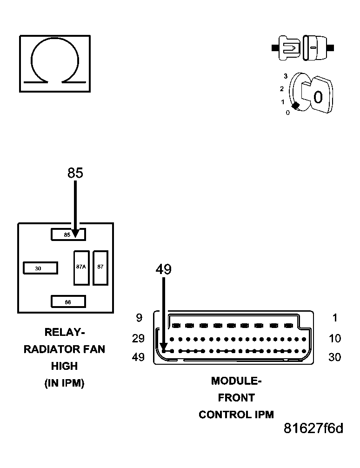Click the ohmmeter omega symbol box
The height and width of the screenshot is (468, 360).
point(54,63)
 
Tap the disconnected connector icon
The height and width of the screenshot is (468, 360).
point(302,47)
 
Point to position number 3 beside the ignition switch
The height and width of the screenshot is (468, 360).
point(286,75)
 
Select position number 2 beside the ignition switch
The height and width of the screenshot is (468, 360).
point(282,88)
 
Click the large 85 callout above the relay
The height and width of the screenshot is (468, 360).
point(75,173)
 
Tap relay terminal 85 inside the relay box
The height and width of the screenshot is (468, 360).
point(68,235)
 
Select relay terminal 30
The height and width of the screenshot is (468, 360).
point(40,268)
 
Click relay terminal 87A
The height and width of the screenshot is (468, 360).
point(81,267)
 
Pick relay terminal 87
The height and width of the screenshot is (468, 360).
point(100,267)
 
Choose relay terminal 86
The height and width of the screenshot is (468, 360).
point(68,301)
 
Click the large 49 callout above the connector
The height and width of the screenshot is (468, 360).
point(163,270)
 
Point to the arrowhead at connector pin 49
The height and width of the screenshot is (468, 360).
point(164,348)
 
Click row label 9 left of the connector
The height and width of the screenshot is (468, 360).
point(139,319)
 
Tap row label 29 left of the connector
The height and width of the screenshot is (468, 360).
point(138,338)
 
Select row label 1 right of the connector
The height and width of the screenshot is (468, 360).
point(335,319)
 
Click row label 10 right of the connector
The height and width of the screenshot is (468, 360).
point(335,338)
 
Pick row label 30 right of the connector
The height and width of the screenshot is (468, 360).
point(335,357)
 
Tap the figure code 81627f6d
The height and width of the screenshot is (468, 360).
point(313,428)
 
